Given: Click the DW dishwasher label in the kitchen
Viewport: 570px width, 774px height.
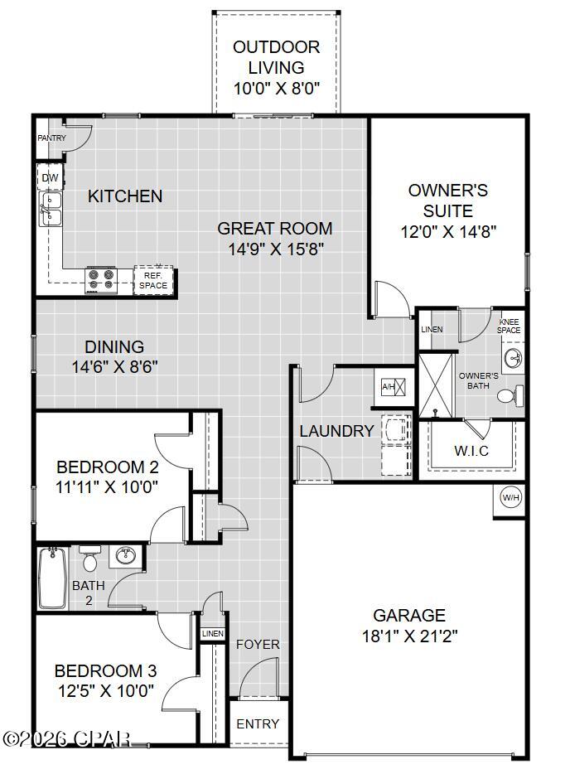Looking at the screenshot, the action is point(50,178).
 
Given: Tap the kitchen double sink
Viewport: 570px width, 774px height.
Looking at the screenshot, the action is point(51,209).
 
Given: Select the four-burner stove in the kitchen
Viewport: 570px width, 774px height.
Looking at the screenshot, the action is point(101,280).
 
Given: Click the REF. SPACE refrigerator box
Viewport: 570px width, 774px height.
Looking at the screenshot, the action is point(153,280).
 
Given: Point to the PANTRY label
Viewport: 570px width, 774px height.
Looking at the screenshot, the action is point(52,138).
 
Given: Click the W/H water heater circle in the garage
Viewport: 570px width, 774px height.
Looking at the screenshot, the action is point(511,497).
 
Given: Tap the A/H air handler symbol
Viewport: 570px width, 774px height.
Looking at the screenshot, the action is point(394,386).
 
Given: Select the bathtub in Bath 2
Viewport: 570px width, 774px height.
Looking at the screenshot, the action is point(52,578).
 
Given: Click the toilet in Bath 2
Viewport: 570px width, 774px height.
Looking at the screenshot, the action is point(89,558).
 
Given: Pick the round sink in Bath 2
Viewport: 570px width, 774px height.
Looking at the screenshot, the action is point(126,556).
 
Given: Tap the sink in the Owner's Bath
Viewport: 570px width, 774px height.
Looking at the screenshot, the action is point(514,357).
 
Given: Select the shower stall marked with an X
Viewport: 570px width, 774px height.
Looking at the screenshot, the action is point(435,385).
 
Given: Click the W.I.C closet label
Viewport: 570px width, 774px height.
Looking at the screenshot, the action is point(471,451).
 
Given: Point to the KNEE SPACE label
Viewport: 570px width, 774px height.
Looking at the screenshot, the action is point(509,327).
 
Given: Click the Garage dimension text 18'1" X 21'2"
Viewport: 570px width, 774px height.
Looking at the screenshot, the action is point(409,636).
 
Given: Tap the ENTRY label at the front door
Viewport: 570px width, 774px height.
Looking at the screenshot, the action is point(258,723).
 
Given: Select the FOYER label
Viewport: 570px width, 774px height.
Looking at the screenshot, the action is point(258,644).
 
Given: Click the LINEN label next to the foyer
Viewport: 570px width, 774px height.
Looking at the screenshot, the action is point(213,633).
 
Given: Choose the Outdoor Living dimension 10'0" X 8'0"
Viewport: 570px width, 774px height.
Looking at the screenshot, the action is point(277,89).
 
